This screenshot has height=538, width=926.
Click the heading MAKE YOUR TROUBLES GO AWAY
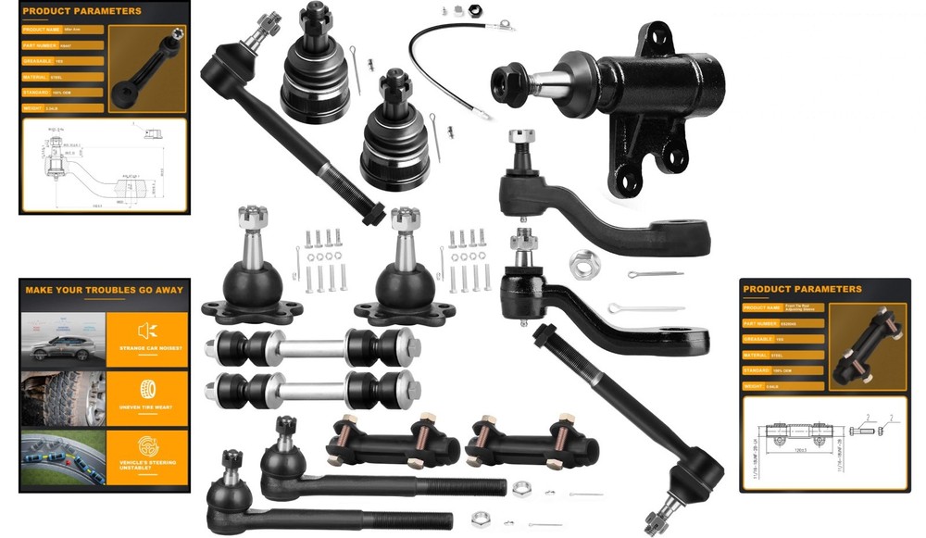click(104, 290)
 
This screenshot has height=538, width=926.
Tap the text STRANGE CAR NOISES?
click(148, 348)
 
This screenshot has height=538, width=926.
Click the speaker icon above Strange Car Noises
click(147, 330)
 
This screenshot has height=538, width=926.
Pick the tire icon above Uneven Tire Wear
click(147, 389)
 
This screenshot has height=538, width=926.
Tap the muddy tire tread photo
click(62, 399)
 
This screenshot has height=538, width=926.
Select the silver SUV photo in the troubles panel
click(62, 340)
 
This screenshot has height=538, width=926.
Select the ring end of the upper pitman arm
click(685, 236)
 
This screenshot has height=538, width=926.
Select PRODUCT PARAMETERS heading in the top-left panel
click(83, 12)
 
